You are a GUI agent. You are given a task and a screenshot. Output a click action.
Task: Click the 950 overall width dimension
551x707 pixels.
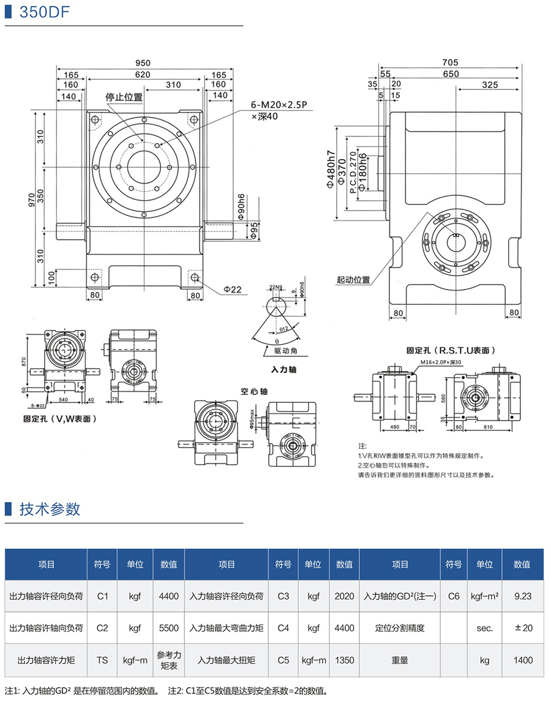tap(143, 63)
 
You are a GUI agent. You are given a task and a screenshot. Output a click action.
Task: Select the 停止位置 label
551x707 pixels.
tap(124, 97)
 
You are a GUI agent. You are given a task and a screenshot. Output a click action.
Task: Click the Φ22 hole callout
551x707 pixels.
tap(233, 289)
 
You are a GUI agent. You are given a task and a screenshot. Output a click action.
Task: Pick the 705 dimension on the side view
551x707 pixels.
tap(450, 62)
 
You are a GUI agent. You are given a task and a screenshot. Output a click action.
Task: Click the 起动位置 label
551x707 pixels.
tap(353, 280)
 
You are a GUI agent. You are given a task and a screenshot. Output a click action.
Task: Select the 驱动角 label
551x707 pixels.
tap(285, 351)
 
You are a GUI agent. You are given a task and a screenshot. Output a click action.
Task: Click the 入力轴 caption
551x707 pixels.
tap(283, 370)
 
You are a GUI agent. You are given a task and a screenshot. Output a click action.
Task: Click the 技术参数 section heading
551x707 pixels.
tap(50, 509)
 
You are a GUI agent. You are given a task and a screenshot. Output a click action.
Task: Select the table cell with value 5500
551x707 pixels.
tap(168, 627)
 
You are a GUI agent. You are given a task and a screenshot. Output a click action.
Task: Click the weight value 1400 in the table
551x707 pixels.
tap(523, 660)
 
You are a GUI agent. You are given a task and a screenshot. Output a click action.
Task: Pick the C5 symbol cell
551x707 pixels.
tap(283, 660)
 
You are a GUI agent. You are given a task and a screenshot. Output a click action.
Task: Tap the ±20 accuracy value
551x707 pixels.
tap(523, 627)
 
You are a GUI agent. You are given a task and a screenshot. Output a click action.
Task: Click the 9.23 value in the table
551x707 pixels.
tap(523, 595)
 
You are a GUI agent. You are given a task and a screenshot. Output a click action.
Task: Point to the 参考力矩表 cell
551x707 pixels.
tap(168, 660)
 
